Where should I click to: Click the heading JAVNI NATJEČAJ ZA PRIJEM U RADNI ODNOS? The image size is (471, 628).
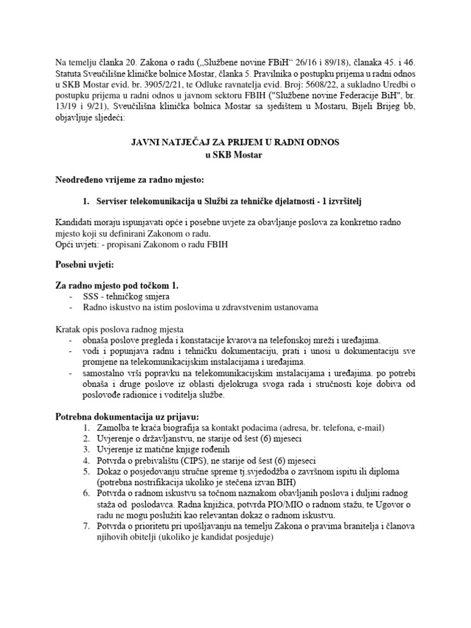click(235, 142)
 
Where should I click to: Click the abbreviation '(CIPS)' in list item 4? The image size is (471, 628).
click(197, 460)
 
